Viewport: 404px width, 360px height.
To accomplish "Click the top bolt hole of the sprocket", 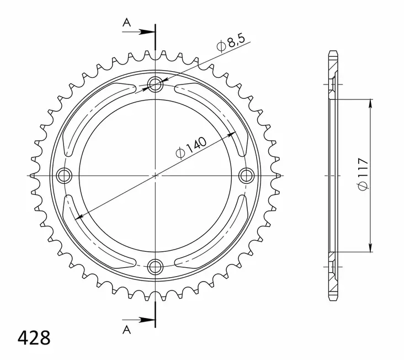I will point(156,84).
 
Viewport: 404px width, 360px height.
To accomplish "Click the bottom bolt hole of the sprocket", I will point(156,266).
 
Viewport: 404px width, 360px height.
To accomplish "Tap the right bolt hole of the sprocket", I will point(247,175).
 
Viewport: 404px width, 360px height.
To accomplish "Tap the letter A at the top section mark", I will point(126,23).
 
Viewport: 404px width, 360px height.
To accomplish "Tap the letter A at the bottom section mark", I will point(126,329).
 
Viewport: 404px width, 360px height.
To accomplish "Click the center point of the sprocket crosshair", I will point(156,176).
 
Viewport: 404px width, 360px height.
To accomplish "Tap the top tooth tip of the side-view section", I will point(332,53).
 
